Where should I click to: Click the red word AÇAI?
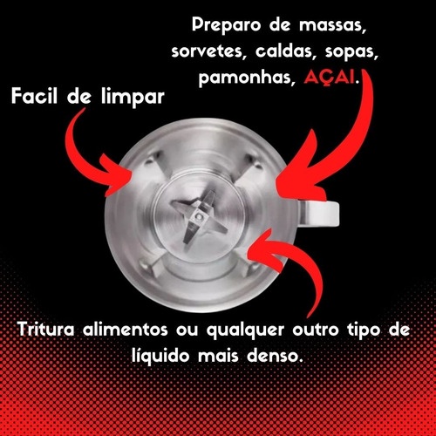(330, 78)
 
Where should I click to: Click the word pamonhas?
(245, 78)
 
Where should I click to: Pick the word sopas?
(351, 52)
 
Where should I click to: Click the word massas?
(332, 25)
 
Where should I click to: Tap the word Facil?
(34, 96)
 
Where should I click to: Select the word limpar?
(133, 97)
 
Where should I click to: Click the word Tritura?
(46, 330)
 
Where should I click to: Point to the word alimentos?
(126, 330)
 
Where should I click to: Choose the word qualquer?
(245, 330)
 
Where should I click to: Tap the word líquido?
(160, 356)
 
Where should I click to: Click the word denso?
(274, 356)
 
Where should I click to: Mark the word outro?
(316, 330)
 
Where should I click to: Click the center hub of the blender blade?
(199, 216)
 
